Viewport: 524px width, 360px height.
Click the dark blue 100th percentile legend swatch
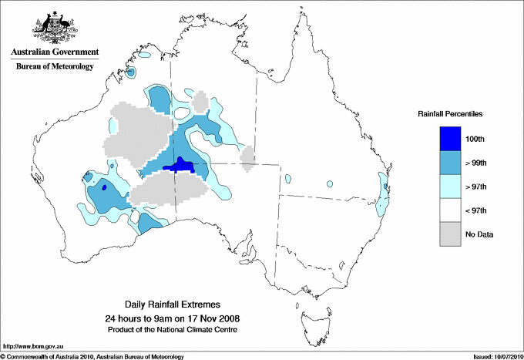451,139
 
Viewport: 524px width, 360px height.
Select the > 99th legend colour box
451,163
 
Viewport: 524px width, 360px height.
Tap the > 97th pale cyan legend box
451,187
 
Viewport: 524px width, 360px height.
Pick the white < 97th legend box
451,210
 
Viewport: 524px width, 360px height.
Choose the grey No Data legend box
451,234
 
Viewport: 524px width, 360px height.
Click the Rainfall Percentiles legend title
450,114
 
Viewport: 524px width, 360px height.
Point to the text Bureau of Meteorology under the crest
54,66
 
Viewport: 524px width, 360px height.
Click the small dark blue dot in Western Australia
103,187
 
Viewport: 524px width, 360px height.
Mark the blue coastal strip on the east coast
382,193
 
